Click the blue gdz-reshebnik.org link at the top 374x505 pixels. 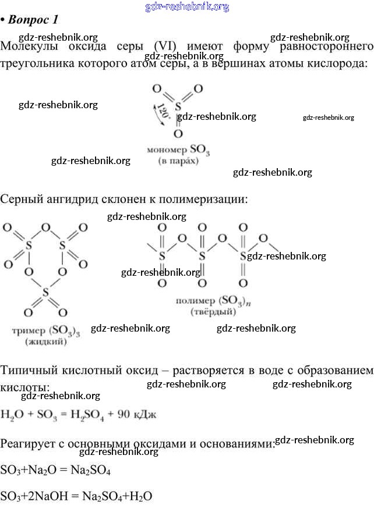click(x=186, y=7)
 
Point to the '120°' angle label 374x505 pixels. click(x=163, y=110)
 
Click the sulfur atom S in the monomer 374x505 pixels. click(x=178, y=107)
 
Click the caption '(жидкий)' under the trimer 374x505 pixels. click(x=45, y=342)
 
